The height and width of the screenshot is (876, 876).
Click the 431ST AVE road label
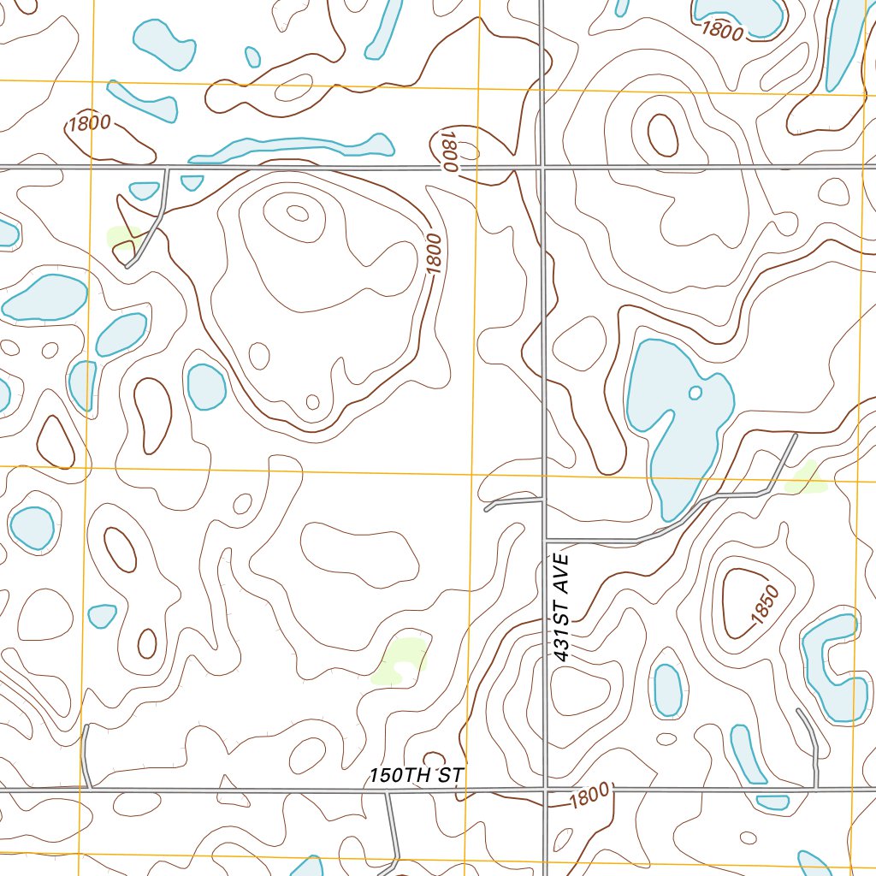click(x=561, y=606)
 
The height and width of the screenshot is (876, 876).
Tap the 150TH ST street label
click(x=417, y=775)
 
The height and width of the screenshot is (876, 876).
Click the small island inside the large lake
click(x=695, y=393)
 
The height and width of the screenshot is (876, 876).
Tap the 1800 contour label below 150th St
click(x=590, y=796)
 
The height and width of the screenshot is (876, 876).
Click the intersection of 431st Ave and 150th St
click(x=545, y=789)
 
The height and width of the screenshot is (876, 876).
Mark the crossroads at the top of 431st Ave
click(x=543, y=166)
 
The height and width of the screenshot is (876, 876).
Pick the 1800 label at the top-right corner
click(x=723, y=29)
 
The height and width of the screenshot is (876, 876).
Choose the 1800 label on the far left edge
click(x=90, y=122)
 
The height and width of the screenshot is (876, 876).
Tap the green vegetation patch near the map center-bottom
click(x=402, y=659)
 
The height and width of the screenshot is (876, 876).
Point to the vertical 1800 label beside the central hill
click(x=434, y=254)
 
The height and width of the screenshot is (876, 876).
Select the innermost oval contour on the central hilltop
click(x=297, y=213)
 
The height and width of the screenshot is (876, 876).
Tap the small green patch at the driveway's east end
click(x=805, y=479)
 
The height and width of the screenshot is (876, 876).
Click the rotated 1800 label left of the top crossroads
click(x=448, y=152)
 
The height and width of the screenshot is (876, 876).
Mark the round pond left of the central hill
click(x=206, y=386)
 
